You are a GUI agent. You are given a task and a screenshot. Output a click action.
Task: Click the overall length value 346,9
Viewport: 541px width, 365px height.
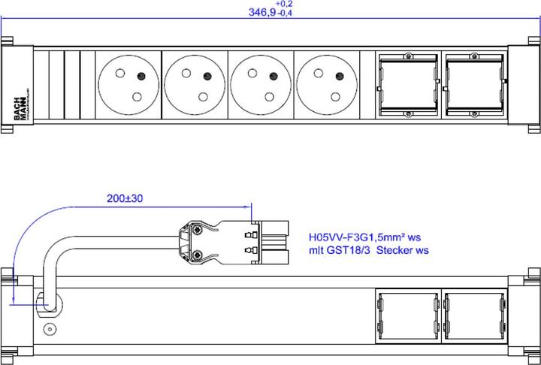pos(261,13)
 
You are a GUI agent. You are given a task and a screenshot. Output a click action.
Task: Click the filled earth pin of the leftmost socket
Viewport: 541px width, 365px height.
pos(140,74)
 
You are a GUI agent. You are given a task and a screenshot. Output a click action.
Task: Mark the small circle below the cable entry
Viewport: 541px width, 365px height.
pos(50,329)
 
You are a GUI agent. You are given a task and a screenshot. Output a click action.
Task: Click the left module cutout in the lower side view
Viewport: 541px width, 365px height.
pos(405,316)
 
